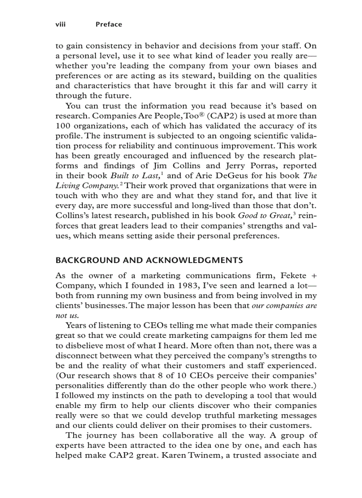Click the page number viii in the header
60,24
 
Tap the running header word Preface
109,24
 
